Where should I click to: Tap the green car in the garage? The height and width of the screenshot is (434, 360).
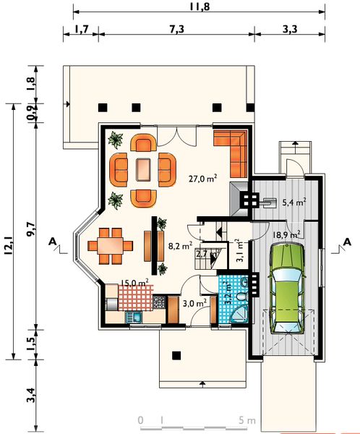coord(287,287)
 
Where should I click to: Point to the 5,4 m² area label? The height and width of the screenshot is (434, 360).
coord(293,203)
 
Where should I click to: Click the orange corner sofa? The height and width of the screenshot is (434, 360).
coord(233,150)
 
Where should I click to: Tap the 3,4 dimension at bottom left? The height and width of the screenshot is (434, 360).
coord(30,395)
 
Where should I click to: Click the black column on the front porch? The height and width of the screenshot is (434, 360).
coord(176,354)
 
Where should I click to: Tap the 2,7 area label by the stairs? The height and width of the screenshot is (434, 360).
coord(202,254)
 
